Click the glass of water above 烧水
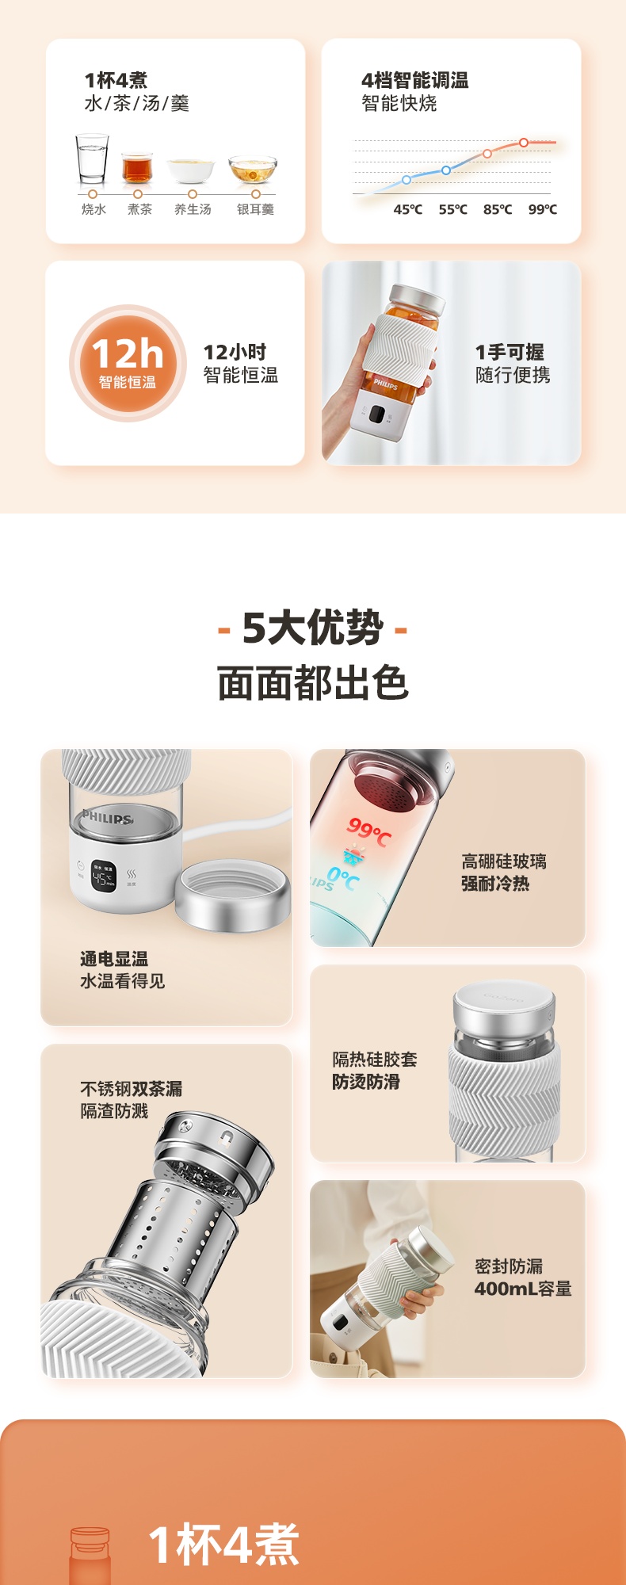click(x=92, y=159)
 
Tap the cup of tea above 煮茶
click(x=137, y=168)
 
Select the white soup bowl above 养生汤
click(x=191, y=170)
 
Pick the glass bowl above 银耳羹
click(x=253, y=170)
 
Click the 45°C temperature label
click(x=408, y=209)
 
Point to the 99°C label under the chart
click(x=543, y=209)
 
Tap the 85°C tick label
click(x=498, y=209)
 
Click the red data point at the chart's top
click(x=524, y=143)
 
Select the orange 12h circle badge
click(x=128, y=364)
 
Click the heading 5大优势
click(x=313, y=628)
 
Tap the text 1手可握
click(x=510, y=352)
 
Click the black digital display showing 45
click(x=104, y=876)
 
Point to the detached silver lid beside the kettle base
click(x=232, y=896)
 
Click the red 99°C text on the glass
click(x=369, y=832)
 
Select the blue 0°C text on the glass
click(x=343, y=877)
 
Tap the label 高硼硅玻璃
click(x=504, y=861)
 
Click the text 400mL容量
click(x=523, y=1289)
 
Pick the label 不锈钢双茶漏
click(x=131, y=1089)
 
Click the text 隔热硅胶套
click(x=375, y=1060)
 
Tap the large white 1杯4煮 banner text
click(x=224, y=1545)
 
